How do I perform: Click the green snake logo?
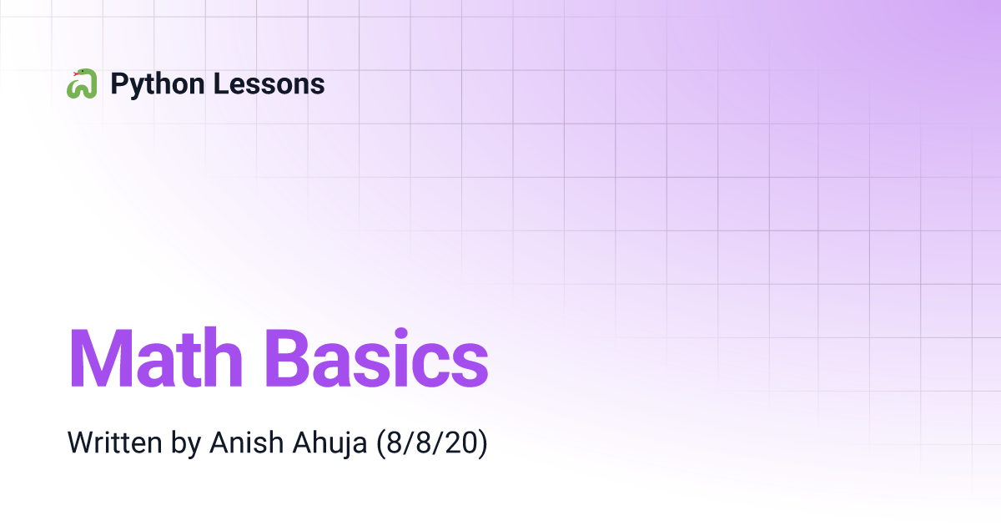point(82,83)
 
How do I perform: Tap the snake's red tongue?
point(76,73)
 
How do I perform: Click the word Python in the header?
point(158,84)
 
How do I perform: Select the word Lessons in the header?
point(269,83)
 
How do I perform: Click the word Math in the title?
point(156,358)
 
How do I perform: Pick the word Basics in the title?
point(377,358)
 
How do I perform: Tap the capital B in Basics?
point(286,358)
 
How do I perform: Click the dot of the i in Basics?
point(401,334)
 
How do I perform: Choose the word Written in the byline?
point(115,443)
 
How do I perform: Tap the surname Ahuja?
point(329,443)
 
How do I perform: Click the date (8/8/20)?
point(432,443)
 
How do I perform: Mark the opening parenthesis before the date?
point(380,443)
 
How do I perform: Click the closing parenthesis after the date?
point(483,443)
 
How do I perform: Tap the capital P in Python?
point(119,83)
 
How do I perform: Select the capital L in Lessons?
point(221,83)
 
